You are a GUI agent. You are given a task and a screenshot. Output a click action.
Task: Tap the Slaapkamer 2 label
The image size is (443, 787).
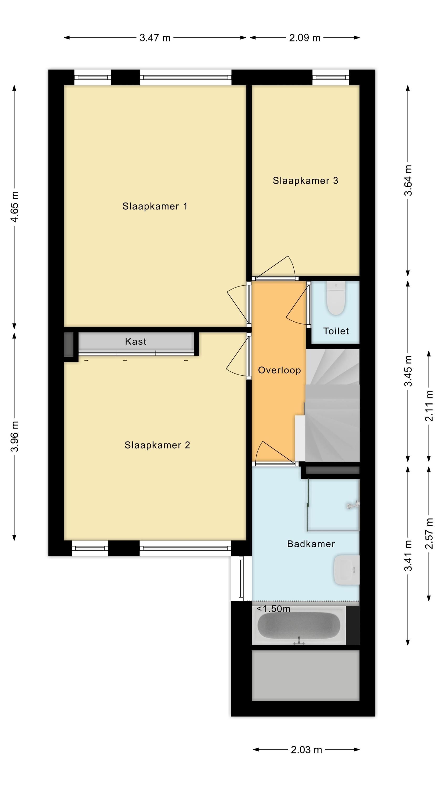pos(157,445)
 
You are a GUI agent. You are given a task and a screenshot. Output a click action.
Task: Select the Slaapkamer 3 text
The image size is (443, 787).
pos(305,180)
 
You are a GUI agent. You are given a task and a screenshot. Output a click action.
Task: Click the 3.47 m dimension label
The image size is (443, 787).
pos(155,38)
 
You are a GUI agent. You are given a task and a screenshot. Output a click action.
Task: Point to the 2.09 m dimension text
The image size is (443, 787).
pos(305,38)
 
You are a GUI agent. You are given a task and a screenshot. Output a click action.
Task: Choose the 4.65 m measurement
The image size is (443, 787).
pos(14,207)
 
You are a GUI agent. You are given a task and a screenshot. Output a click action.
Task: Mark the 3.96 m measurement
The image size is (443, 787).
pos(14,436)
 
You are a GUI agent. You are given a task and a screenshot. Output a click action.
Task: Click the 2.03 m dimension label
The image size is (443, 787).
pos(306,750)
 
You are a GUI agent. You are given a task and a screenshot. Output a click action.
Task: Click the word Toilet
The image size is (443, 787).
pos(336,331)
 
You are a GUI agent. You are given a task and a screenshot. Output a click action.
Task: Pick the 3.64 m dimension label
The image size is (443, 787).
pos(408,180)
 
